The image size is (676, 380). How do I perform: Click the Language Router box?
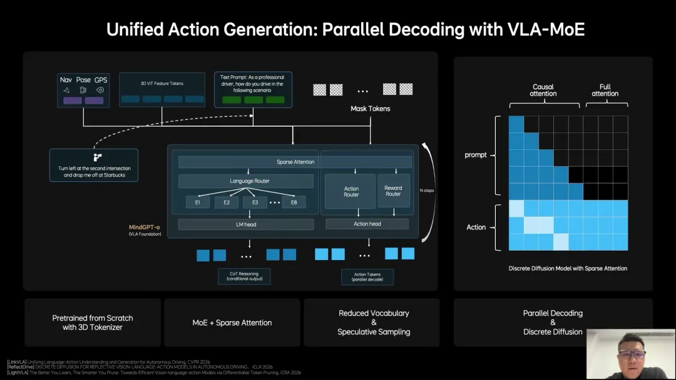coord(245,181)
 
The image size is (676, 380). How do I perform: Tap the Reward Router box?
coord(393,191)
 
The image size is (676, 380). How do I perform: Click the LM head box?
coord(245,224)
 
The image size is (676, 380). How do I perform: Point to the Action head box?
coord(367,224)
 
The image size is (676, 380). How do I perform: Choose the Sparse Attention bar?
coord(295,162)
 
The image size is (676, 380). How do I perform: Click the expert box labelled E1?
coord(197,202)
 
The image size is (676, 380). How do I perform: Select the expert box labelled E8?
coord(294,202)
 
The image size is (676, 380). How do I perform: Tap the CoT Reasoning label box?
coord(244,276)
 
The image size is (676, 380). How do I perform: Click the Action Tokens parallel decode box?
coord(367,277)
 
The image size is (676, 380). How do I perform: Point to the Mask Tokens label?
coord(370,109)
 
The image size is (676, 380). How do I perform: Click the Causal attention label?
coord(543,90)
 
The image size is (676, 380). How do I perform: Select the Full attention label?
coord(605,90)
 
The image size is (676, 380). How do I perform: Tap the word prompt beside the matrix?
coord(476,155)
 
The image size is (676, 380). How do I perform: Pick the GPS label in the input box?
coord(101,80)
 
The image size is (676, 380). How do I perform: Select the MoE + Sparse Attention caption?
coord(232,322)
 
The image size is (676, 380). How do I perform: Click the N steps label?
coord(428,190)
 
